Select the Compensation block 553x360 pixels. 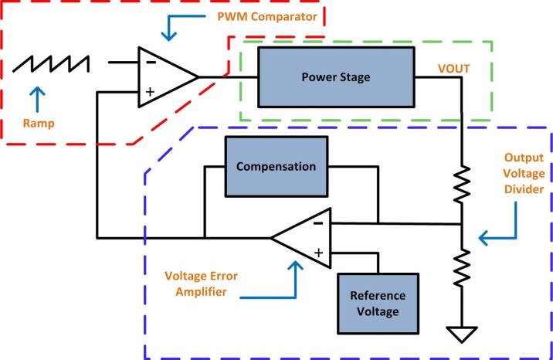pyautogui.click(x=276, y=167)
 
